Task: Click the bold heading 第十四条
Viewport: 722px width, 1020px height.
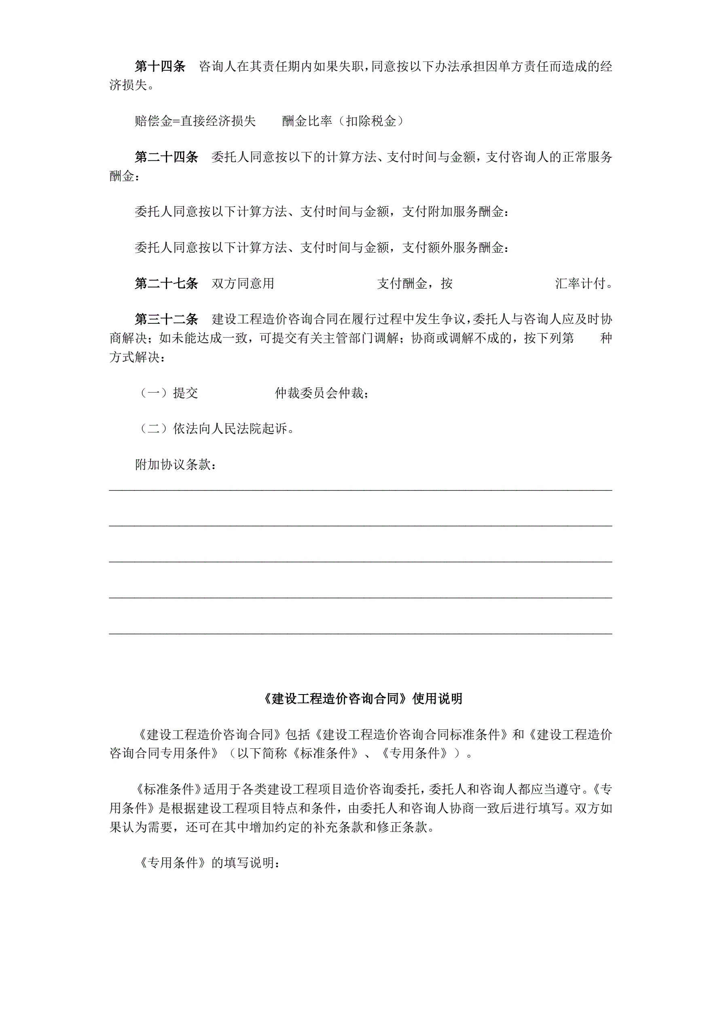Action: click(x=160, y=67)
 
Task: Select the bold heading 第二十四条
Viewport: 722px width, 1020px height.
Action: click(x=166, y=157)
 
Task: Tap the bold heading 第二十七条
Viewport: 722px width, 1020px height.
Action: click(x=166, y=283)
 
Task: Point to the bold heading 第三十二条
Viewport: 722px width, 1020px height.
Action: click(x=166, y=319)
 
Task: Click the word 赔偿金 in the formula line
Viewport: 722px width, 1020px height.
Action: click(x=153, y=121)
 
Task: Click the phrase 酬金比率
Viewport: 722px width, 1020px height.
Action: click(x=307, y=121)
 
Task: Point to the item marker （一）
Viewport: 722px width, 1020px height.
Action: click(x=153, y=393)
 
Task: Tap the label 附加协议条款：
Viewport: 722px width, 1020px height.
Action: click(x=176, y=465)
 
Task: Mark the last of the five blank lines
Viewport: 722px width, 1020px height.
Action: click(x=360, y=633)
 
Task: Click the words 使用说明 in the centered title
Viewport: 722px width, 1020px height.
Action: click(x=438, y=699)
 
